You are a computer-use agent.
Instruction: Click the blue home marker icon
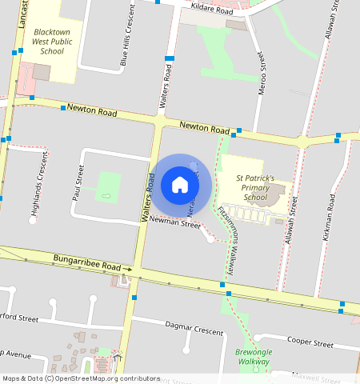[180, 185]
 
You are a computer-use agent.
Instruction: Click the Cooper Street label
[310, 342]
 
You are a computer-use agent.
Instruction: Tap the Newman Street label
[174, 224]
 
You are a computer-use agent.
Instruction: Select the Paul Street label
[78, 182]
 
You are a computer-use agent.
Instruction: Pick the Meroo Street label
[260, 74]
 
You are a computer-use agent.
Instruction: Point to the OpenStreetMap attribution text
[81, 378]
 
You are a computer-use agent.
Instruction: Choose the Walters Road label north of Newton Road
[166, 85]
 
